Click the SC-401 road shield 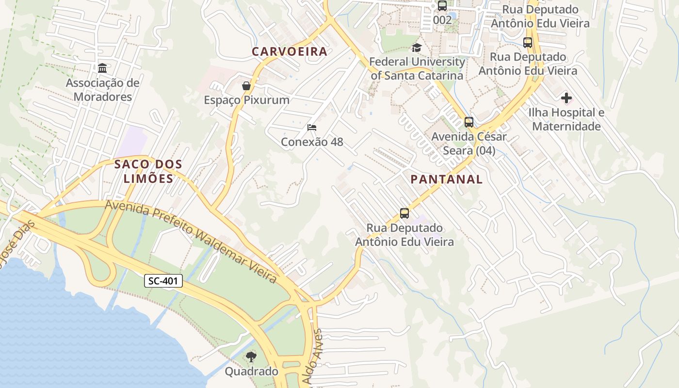[163, 281]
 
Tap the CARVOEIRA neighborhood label [290, 52]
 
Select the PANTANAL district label [446, 179]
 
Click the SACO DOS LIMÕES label [148, 171]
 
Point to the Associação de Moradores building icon [102, 68]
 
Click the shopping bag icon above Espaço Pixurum [246, 86]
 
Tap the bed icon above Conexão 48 [312, 128]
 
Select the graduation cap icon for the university [417, 48]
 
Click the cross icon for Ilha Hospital [566, 98]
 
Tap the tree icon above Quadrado [251, 357]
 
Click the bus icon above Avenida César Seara [469, 122]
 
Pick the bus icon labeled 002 [442, 6]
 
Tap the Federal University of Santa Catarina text [417, 69]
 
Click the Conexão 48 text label [312, 142]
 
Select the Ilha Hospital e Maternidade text [566, 120]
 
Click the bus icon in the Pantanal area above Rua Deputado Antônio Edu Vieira [404, 213]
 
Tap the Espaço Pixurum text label [246, 100]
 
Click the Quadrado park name [251, 372]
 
